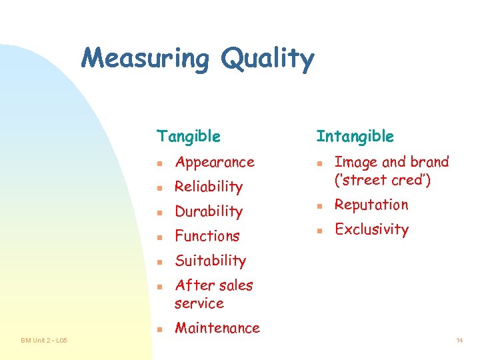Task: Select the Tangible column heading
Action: pyautogui.click(x=188, y=137)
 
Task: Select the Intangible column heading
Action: pyautogui.click(x=355, y=137)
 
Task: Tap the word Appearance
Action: pyautogui.click(x=215, y=162)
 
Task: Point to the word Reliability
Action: pyautogui.click(x=209, y=187)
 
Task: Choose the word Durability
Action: pyautogui.click(x=209, y=211)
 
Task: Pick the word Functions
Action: pyautogui.click(x=207, y=236)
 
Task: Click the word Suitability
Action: pyautogui.click(x=211, y=261)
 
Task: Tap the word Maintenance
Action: pyautogui.click(x=217, y=328)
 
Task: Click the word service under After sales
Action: pyautogui.click(x=199, y=303)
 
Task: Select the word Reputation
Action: pyautogui.click(x=371, y=205)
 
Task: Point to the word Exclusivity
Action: pyautogui.click(x=371, y=229)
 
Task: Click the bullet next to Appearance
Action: pyautogui.click(x=160, y=163)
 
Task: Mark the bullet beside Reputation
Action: pyautogui.click(x=320, y=206)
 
